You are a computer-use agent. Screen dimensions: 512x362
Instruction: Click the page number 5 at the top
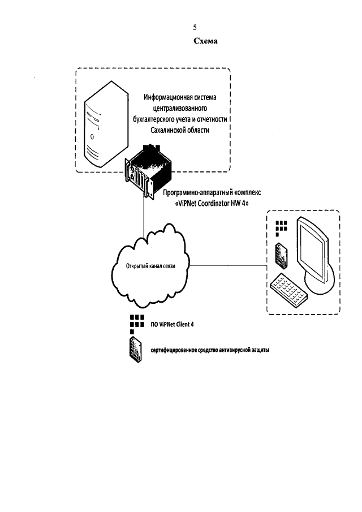(x=195, y=28)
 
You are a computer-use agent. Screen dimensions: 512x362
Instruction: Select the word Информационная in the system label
(x=163, y=97)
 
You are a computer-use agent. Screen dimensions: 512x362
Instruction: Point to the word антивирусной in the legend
(x=230, y=350)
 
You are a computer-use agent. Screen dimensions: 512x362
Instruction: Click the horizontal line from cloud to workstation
(x=226, y=265)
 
